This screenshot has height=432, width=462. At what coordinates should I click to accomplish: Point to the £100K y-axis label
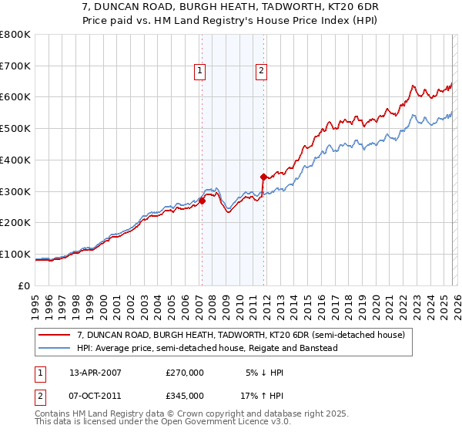[15, 254]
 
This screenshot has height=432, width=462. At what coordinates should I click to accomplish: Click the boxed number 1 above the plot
[200, 71]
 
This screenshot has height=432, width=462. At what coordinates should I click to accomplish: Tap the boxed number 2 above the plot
[261, 71]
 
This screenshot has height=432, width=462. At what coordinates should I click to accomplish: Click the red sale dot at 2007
[202, 201]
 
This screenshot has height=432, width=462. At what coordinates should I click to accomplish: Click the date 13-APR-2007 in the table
[95, 372]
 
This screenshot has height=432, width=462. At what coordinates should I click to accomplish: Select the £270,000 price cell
[185, 372]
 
